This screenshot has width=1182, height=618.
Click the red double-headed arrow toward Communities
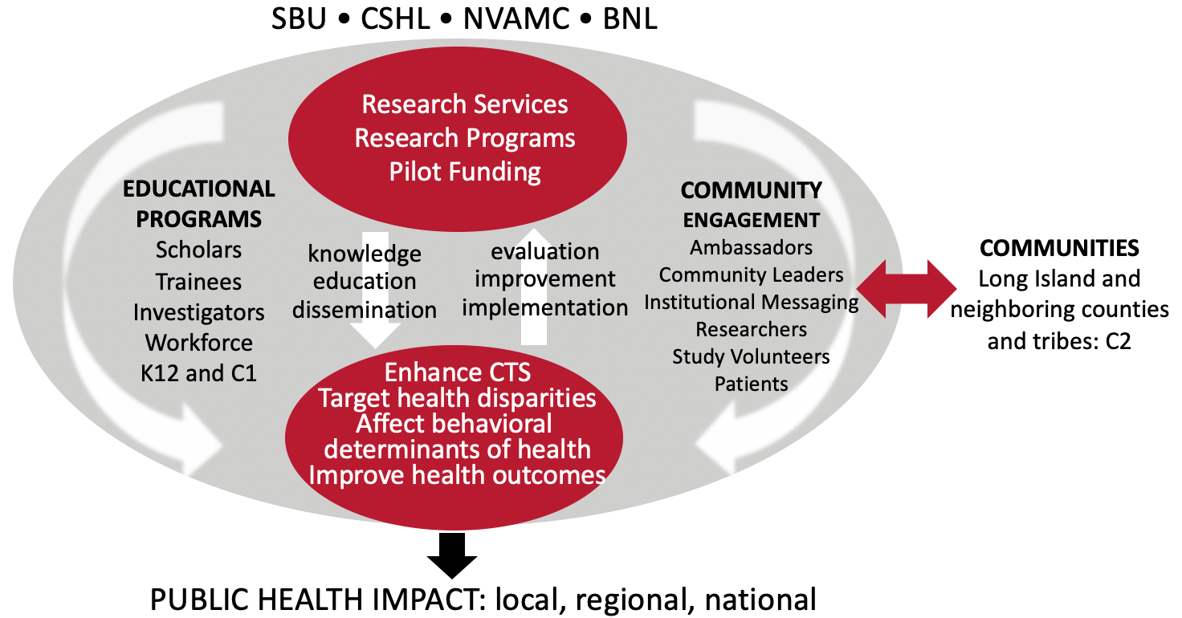click(906, 289)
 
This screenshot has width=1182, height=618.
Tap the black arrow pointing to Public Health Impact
click(452, 555)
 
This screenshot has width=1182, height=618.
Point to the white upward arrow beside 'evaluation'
click(534, 287)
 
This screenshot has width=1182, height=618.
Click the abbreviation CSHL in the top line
click(395, 19)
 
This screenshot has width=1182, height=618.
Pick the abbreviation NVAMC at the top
click(516, 19)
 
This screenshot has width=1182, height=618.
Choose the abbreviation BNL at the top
click(630, 19)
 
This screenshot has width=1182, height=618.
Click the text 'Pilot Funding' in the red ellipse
click(465, 172)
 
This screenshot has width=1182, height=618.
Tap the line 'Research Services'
click(465, 104)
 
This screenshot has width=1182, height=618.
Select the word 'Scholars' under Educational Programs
click(198, 250)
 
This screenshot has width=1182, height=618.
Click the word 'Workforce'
click(199, 343)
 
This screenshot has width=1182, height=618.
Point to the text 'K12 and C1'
click(198, 373)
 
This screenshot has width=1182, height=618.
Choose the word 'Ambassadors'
click(751, 247)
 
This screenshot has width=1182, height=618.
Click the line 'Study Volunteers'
click(751, 357)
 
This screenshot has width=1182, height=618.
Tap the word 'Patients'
click(751, 384)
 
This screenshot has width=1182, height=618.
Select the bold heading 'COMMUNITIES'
click(1059, 248)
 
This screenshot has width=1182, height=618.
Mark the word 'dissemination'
click(365, 310)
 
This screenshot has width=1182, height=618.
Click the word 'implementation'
click(545, 308)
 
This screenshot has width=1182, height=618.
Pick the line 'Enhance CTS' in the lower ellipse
click(458, 372)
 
